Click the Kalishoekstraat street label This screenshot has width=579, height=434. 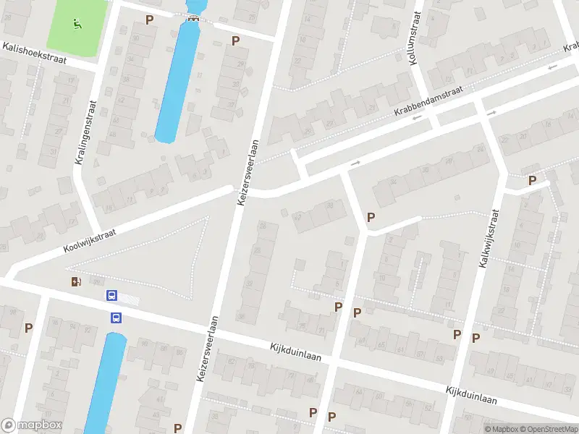click(34, 54)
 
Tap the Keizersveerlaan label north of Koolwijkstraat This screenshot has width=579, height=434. click(247, 172)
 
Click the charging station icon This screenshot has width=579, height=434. click(76, 282)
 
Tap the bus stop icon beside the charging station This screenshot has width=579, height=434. click(111, 295)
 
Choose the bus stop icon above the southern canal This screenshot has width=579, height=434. click(116, 317)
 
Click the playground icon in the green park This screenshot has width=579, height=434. click(77, 22)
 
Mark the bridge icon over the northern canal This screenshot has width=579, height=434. click(193, 19)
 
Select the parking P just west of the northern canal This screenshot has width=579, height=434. click(150, 20)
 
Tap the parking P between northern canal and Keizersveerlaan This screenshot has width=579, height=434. click(235, 41)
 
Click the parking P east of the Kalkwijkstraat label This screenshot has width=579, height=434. click(533, 180)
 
